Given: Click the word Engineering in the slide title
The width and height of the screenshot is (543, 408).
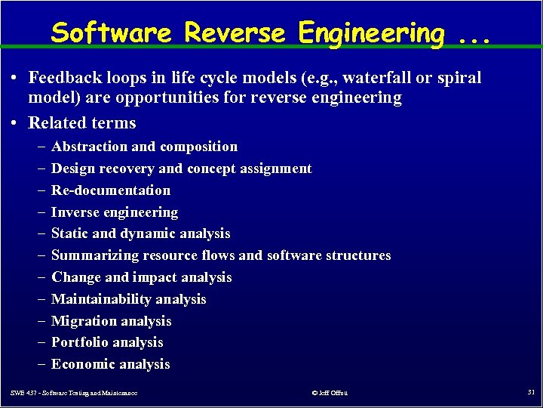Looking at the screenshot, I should (x=372, y=32).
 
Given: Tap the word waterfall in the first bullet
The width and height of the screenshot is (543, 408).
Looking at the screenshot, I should (x=380, y=78).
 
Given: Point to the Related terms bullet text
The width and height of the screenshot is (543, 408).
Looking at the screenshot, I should (x=82, y=123).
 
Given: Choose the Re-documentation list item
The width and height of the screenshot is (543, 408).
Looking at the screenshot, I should (x=111, y=190).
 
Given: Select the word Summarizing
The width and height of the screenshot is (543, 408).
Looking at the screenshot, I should (x=96, y=255).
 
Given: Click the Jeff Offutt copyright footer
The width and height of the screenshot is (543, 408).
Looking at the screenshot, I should (x=330, y=393).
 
